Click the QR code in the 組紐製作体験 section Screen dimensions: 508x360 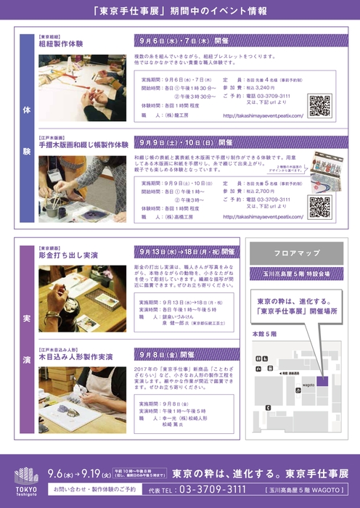pos(319,105)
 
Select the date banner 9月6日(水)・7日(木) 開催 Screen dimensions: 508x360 pos(185,41)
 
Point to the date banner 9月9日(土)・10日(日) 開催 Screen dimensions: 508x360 pos(185,143)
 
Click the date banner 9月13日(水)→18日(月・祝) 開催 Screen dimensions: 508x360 pos(186,252)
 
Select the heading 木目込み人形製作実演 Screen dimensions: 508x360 pos(75,357)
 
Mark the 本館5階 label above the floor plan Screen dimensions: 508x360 pos(264,335)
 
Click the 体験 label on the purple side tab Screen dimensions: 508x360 pos(27,131)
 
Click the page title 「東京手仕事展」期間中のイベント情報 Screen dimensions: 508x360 pos(180,12)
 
